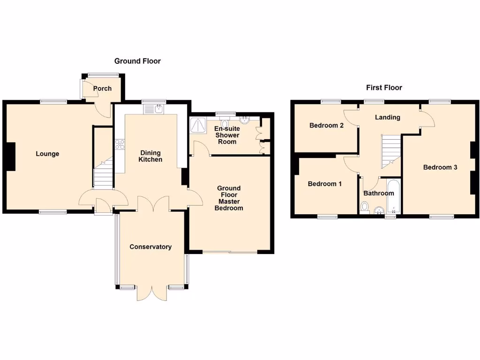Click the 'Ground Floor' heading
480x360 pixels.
(137, 61)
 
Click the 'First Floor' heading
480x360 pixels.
(384, 88)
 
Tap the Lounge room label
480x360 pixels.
(47, 154)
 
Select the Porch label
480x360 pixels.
(102, 89)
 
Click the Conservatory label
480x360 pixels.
(150, 247)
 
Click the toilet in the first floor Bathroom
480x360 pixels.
(365, 207)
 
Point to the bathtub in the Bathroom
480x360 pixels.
(393, 196)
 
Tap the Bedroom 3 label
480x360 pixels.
(440, 167)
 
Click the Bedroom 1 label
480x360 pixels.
(324, 184)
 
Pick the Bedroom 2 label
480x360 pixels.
(327, 126)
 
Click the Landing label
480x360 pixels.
(387, 117)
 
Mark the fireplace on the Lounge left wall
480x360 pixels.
(11, 157)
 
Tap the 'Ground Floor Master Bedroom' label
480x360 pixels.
(229, 198)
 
